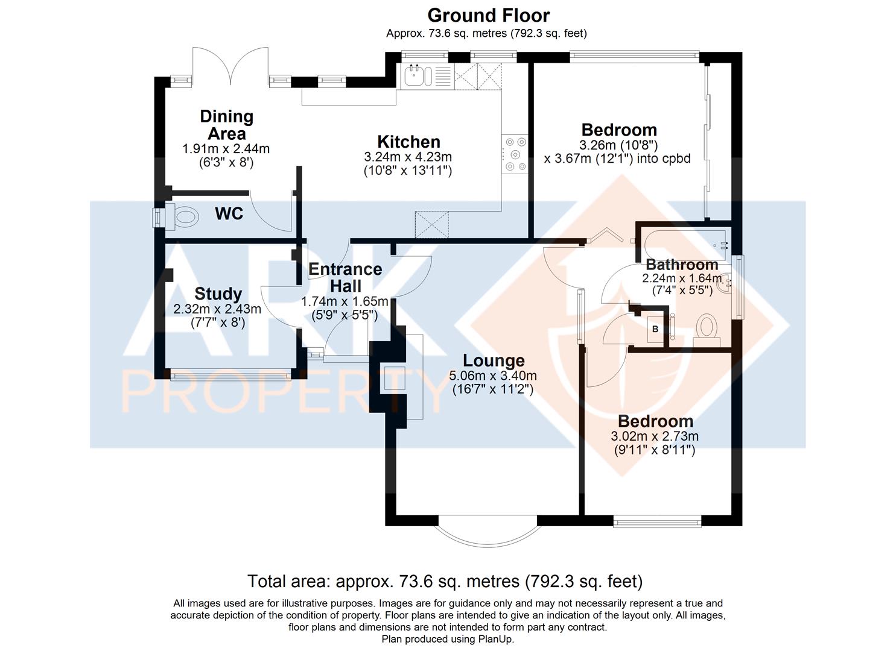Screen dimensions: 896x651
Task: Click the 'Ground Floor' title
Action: click(x=488, y=16)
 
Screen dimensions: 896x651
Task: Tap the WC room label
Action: click(x=229, y=214)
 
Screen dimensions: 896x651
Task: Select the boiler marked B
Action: click(x=655, y=329)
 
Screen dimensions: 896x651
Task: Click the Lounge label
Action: click(x=494, y=360)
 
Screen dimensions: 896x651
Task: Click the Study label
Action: click(x=218, y=294)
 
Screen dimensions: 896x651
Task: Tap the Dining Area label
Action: click(x=227, y=125)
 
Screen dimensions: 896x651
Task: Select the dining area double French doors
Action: click(x=231, y=66)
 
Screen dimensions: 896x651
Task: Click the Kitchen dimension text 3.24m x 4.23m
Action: click(x=408, y=157)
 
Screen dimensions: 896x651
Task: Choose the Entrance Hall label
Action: click(x=345, y=278)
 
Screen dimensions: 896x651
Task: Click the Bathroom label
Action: click(x=682, y=265)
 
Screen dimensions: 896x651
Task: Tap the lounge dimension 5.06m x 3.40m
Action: click(x=493, y=376)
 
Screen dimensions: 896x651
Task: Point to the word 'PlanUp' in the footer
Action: click(x=495, y=639)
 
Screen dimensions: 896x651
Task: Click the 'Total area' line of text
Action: click(x=445, y=582)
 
